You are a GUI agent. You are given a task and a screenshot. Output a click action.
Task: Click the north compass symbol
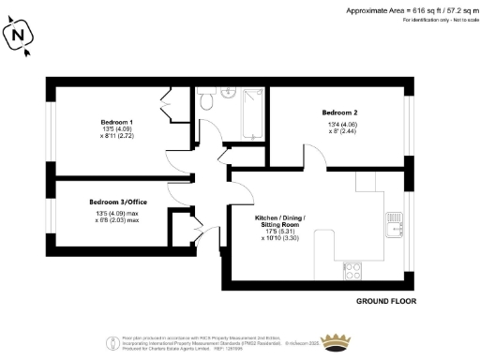click(19, 37)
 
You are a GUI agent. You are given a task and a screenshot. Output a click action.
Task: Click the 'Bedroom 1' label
click(117, 122)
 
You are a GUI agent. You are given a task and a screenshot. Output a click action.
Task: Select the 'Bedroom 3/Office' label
click(117, 202)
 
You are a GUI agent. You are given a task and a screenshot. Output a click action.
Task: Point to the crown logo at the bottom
click(335, 340)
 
